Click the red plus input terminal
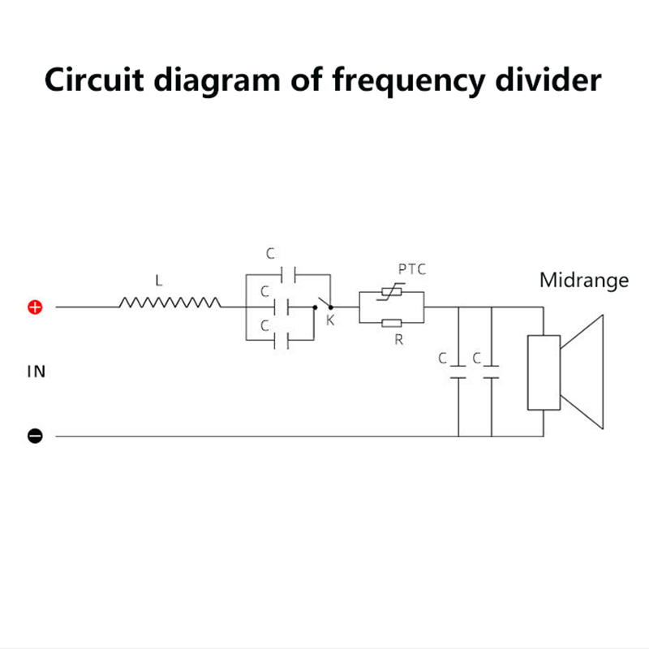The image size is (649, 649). [x=35, y=307]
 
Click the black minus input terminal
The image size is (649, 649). [x=35, y=436]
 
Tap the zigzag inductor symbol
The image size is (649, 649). [x=170, y=303]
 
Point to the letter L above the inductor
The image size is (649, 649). [x=159, y=282]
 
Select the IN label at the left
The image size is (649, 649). [x=37, y=372]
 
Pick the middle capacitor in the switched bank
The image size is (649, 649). [x=282, y=308]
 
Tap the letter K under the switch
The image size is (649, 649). [x=330, y=321]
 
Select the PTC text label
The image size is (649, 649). [x=412, y=269]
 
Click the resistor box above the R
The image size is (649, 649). [x=391, y=324]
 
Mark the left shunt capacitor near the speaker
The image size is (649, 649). [x=458, y=372]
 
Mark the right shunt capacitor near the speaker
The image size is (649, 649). [x=490, y=372]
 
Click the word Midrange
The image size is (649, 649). [x=584, y=281]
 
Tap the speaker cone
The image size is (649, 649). [x=585, y=372]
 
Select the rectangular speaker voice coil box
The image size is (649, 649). [x=544, y=372]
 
